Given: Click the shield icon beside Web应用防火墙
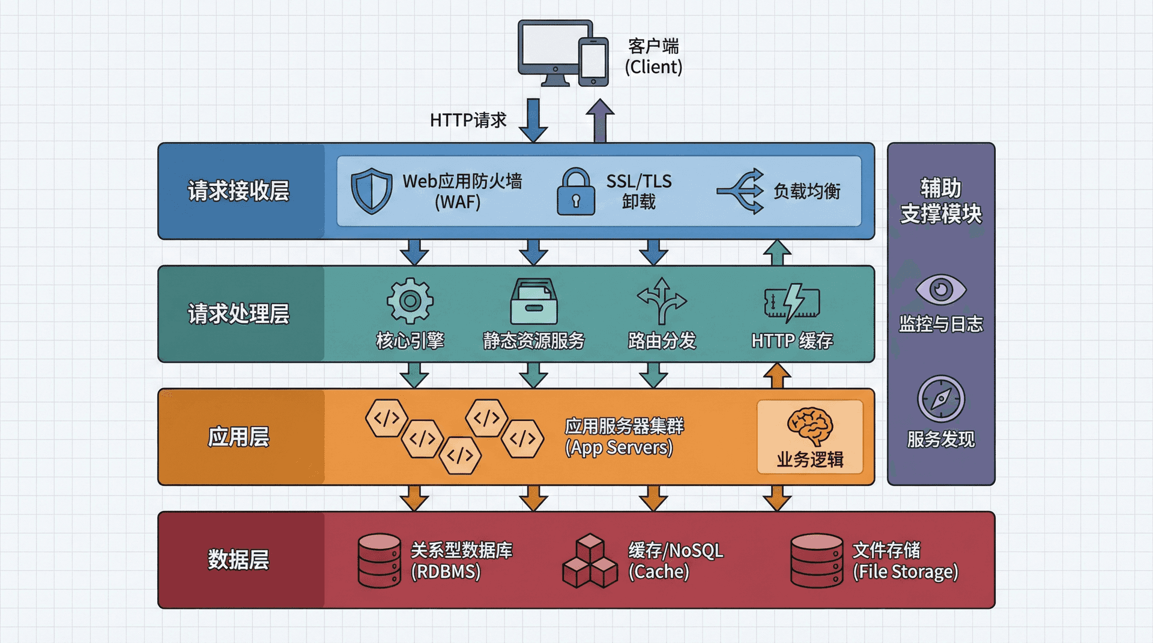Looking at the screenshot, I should pyautogui.click(x=371, y=191).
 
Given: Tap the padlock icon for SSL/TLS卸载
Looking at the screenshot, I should pyautogui.click(x=575, y=192).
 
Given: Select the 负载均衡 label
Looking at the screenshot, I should pyautogui.click(x=806, y=191).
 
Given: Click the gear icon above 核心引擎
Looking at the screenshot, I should pyautogui.click(x=410, y=301).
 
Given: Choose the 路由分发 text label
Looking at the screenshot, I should pyautogui.click(x=662, y=341).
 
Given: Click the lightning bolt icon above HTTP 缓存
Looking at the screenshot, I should pyautogui.click(x=792, y=302).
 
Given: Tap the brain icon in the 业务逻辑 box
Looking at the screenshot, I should pyautogui.click(x=810, y=426).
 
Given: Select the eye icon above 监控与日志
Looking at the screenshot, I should pyautogui.click(x=940, y=290).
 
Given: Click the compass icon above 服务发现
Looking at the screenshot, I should pyautogui.click(x=940, y=399).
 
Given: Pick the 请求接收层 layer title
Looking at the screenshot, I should pyautogui.click(x=238, y=191).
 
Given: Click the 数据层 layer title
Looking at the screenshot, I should pyautogui.click(x=238, y=560).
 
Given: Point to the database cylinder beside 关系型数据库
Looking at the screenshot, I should pyautogui.click(x=379, y=560).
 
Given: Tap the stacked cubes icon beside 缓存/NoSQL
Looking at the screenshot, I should pyautogui.click(x=590, y=561).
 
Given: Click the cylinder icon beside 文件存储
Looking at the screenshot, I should pyautogui.click(x=817, y=560).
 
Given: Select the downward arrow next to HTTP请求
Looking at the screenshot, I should pyautogui.click(x=533, y=120).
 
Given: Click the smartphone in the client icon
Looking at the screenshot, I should pyautogui.click(x=593, y=62).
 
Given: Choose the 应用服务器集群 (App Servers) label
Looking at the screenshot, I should pyautogui.click(x=623, y=437).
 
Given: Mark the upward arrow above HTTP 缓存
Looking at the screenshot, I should pyautogui.click(x=777, y=253).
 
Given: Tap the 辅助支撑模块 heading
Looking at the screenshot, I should pyautogui.click(x=940, y=201).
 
